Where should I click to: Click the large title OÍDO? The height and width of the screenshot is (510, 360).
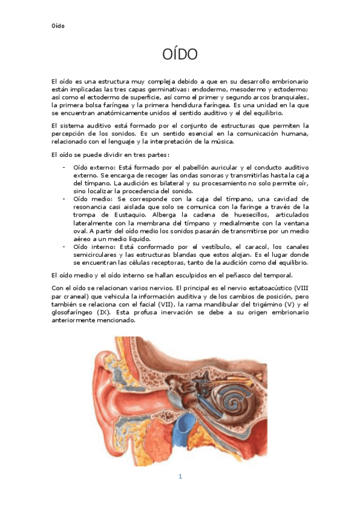click(180, 55)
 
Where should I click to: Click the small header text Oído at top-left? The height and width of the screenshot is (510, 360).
click(58, 26)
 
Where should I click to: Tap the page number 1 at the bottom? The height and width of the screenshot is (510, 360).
click(180, 476)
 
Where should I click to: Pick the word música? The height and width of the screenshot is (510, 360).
click(209, 141)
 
